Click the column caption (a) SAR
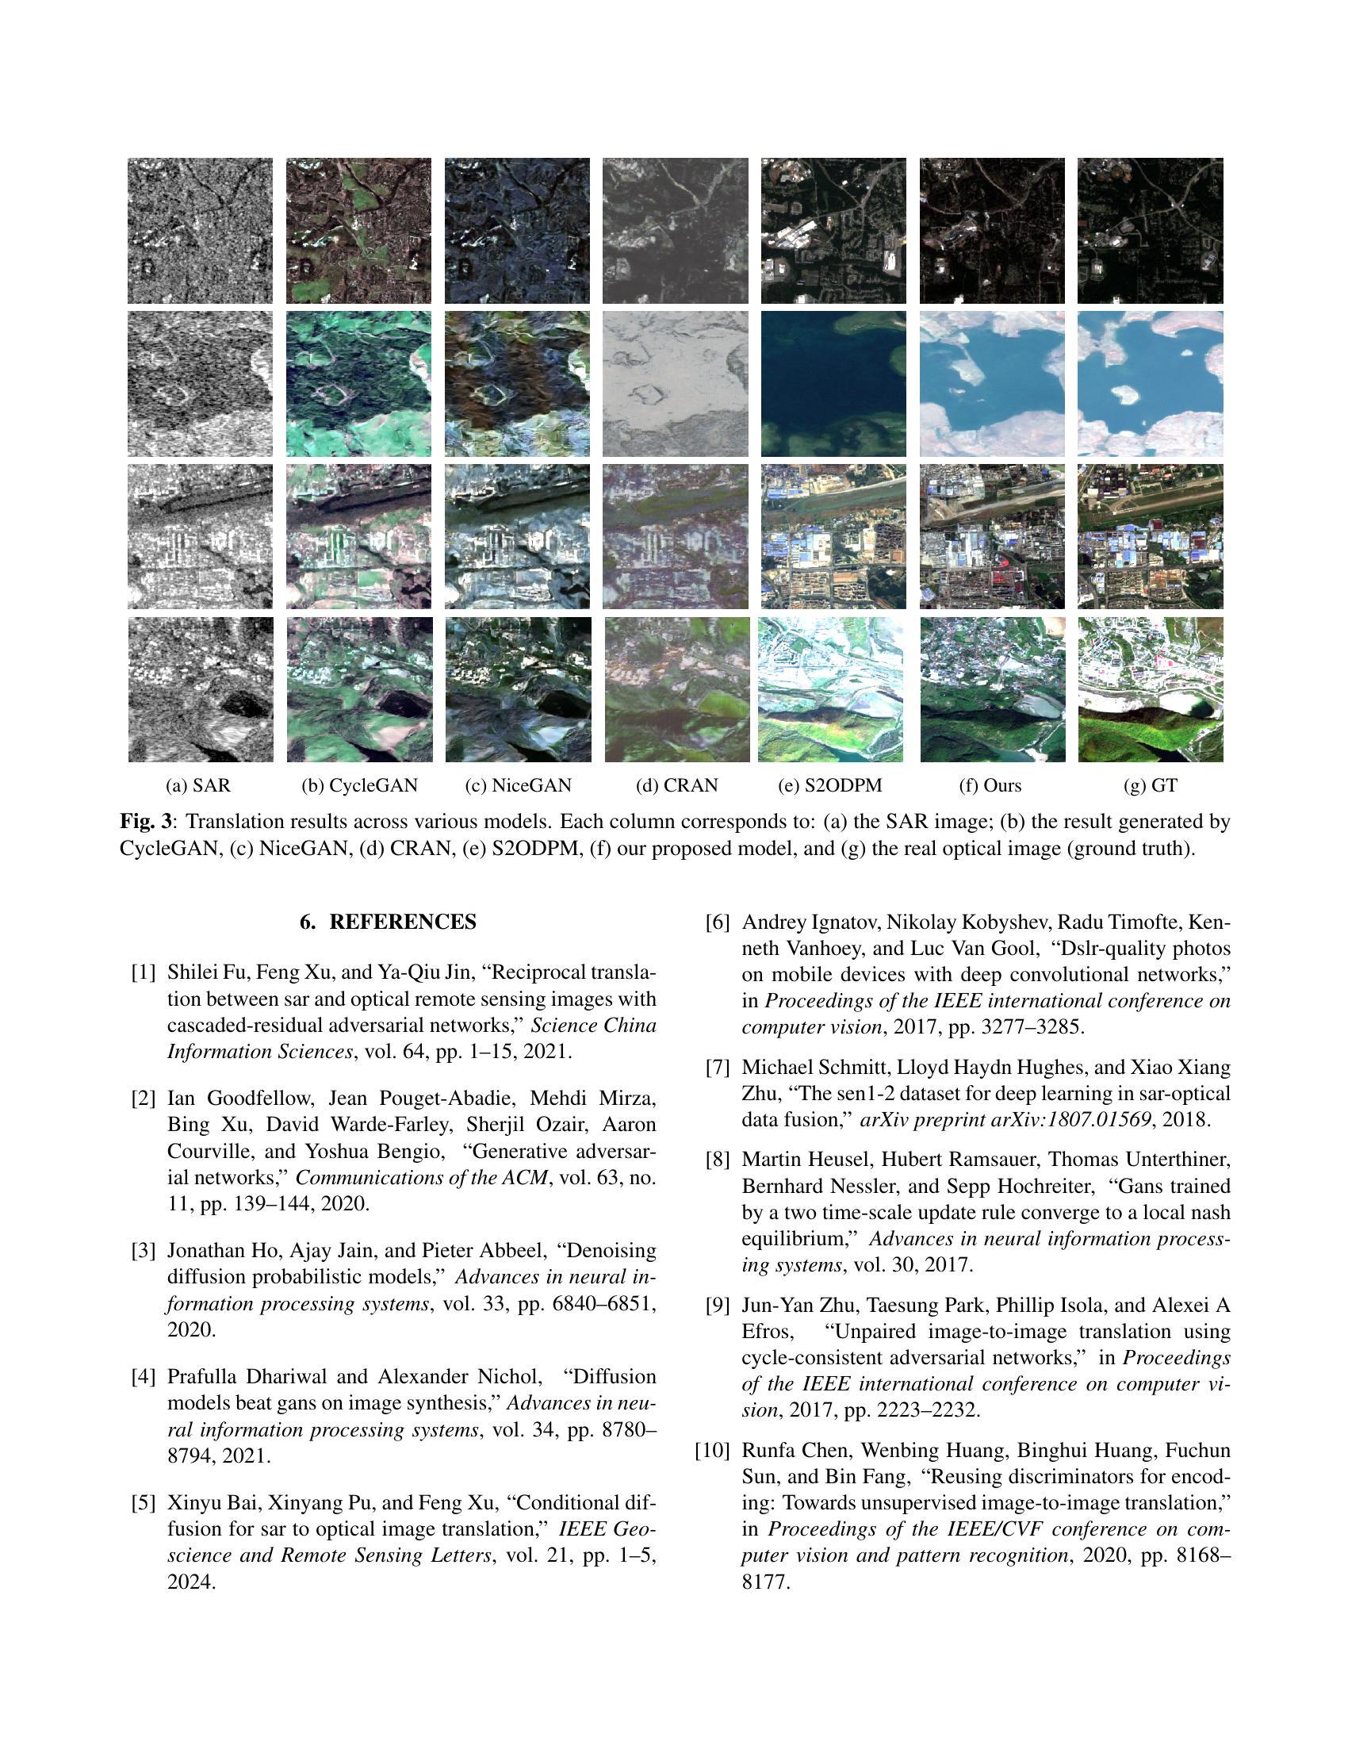pyautogui.click(x=198, y=785)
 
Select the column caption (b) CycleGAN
pyautogui.click(x=359, y=785)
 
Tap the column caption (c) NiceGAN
pyautogui.click(x=519, y=785)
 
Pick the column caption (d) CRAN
pyautogui.click(x=676, y=785)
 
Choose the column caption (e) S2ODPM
pyautogui.click(x=829, y=785)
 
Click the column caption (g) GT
pyautogui.click(x=1150, y=785)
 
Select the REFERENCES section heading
pyautogui.click(x=388, y=922)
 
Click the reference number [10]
pyautogui.click(x=712, y=1450)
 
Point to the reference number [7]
pyautogui.click(x=718, y=1068)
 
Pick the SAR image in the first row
pyautogui.click(x=200, y=230)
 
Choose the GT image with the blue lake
pyautogui.click(x=1150, y=384)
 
